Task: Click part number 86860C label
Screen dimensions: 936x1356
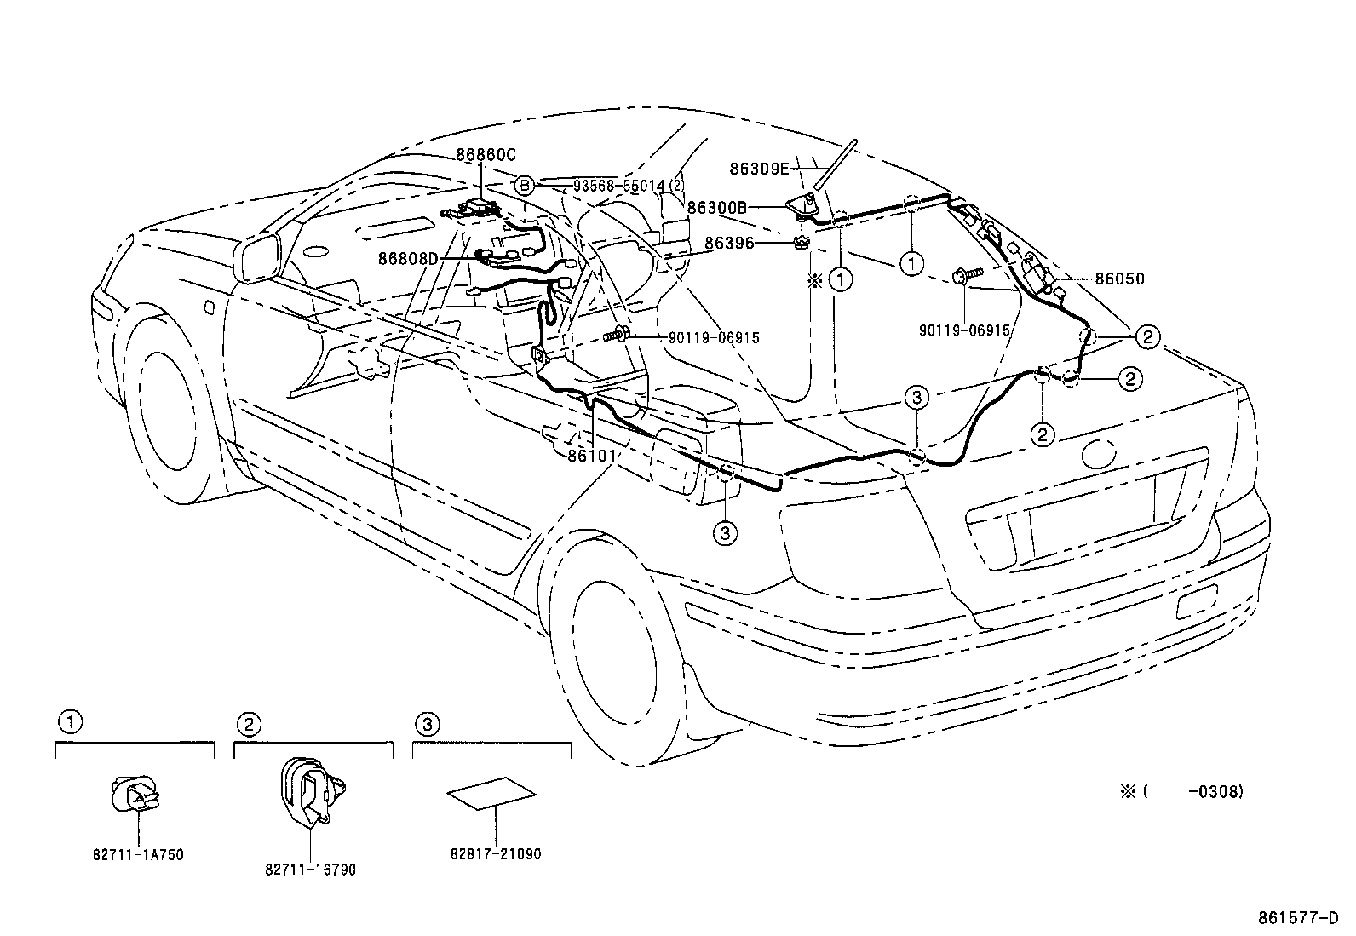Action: click(486, 155)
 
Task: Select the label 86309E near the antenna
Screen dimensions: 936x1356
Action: click(760, 169)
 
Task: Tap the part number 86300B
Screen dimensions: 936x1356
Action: click(716, 207)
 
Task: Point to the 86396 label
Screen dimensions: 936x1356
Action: click(729, 244)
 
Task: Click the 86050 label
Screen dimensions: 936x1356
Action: click(1119, 279)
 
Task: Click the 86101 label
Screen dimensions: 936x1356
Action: click(591, 457)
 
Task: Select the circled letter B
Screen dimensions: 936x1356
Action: click(526, 185)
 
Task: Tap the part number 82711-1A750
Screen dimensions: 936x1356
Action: click(139, 854)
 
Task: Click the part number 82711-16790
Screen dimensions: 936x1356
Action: click(310, 870)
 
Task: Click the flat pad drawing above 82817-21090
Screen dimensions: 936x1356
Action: click(491, 794)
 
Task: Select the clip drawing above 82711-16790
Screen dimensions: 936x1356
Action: click(308, 791)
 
